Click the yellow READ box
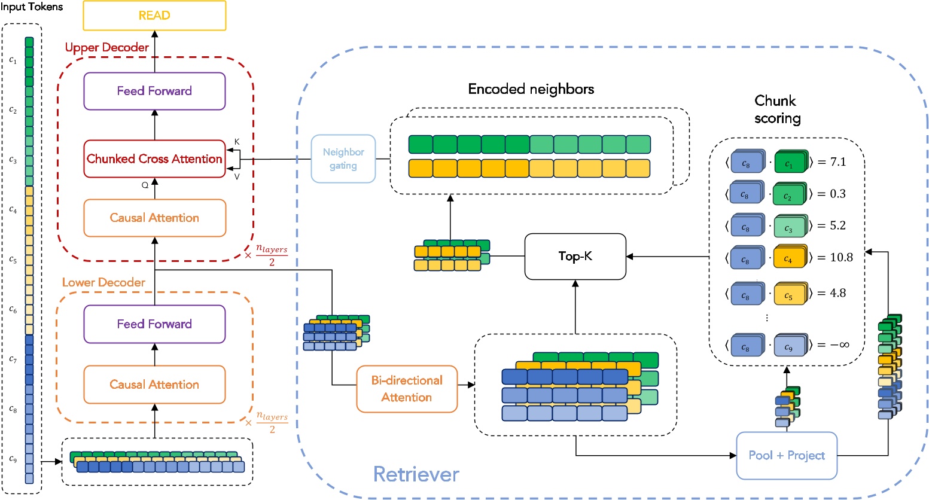[x=154, y=16]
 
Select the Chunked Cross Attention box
[x=154, y=159]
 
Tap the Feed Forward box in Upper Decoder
[x=154, y=92]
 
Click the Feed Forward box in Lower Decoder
[x=154, y=324]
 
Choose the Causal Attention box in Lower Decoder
[x=154, y=385]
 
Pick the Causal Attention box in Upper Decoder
[x=154, y=218]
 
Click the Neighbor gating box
[x=343, y=159]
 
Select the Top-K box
[x=575, y=257]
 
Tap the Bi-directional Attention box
[x=407, y=389]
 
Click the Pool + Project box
[x=786, y=456]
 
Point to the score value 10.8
[x=841, y=257]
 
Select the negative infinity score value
[x=839, y=345]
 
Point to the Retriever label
[x=416, y=474]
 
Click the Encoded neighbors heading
[x=531, y=90]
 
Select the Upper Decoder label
[x=106, y=48]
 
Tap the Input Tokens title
[x=32, y=7]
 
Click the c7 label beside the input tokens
[x=13, y=359]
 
